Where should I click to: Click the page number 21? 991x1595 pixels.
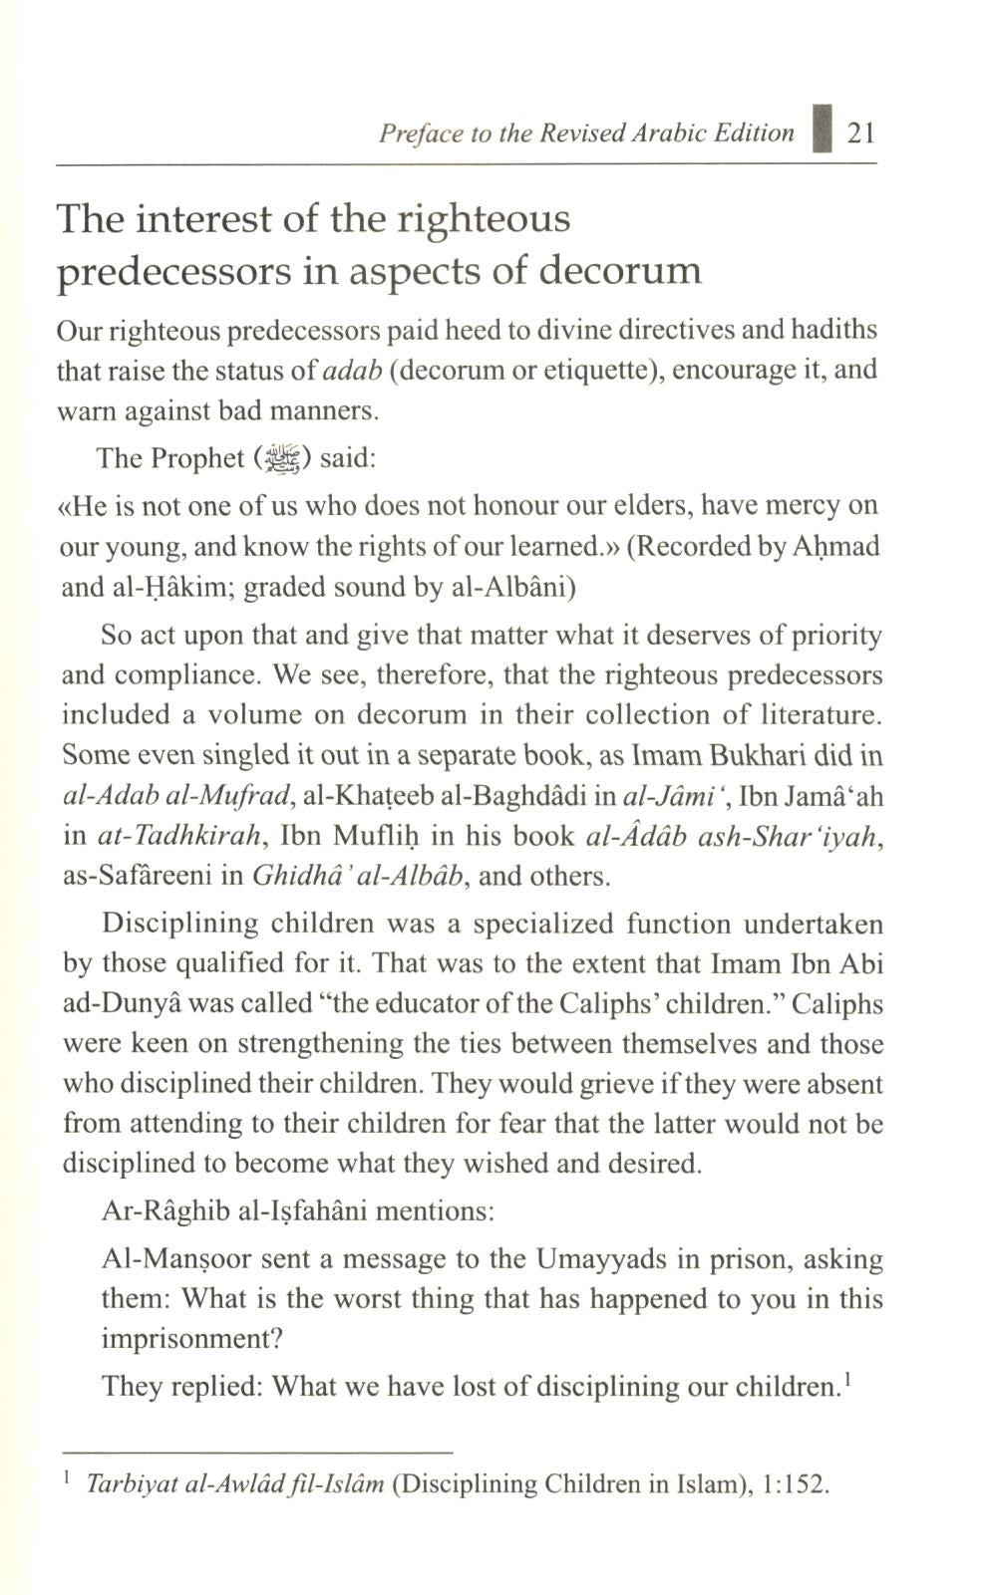(x=860, y=133)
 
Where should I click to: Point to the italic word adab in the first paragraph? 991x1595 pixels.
(x=354, y=371)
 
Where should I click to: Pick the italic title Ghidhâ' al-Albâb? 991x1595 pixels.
(x=358, y=876)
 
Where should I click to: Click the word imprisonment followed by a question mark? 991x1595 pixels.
(x=191, y=1339)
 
